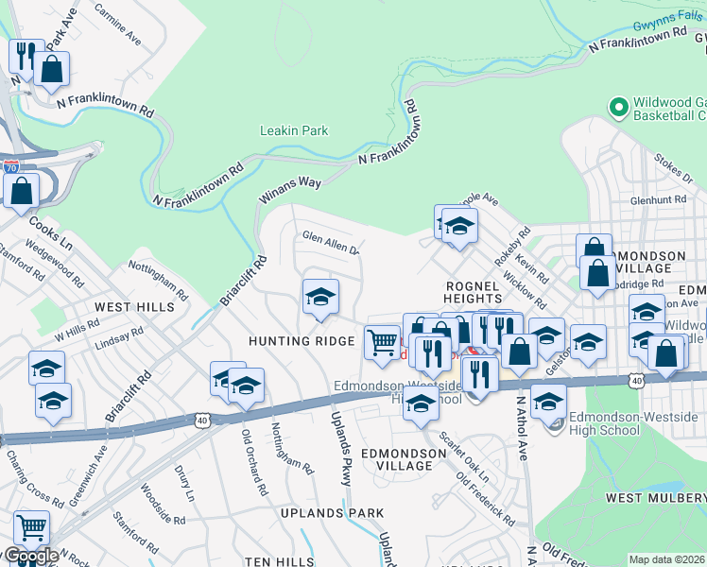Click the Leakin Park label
(x=295, y=130)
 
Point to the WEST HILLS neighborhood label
(x=133, y=307)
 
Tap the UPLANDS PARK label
(x=332, y=512)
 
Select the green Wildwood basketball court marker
(x=619, y=107)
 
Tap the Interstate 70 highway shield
(x=11, y=166)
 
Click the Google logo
(x=30, y=556)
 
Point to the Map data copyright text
(x=666, y=559)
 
